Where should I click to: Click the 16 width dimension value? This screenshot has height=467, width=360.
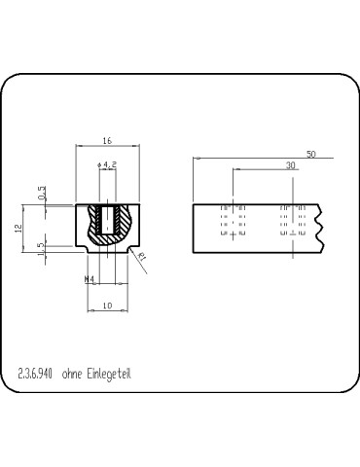click(x=106, y=141)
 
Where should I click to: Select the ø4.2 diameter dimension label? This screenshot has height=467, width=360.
click(x=108, y=165)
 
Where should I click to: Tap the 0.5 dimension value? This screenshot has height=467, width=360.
click(x=41, y=194)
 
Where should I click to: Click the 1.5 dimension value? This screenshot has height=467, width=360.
click(x=41, y=250)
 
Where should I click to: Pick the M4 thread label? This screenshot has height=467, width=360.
click(x=90, y=279)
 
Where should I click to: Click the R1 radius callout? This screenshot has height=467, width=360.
click(x=142, y=258)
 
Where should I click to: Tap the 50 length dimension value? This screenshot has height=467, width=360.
click(x=310, y=154)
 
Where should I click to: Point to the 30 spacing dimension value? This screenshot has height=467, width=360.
click(x=290, y=166)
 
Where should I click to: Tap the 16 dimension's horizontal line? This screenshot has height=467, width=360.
click(x=106, y=148)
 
